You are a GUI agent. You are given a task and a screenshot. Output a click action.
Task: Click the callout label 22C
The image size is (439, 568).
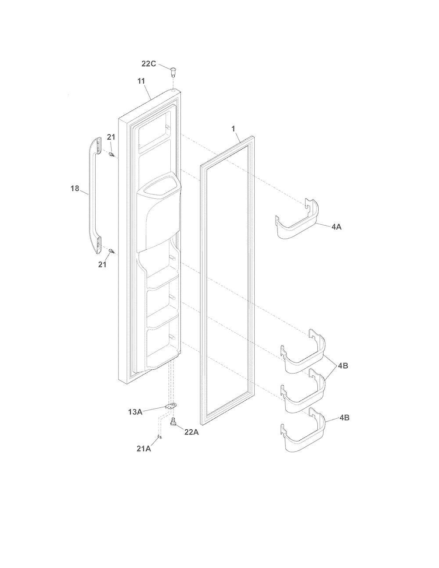click(x=148, y=64)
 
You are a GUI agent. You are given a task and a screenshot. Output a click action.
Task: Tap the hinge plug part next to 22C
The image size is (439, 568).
click(x=173, y=72)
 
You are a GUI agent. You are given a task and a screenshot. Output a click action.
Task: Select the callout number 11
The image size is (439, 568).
click(x=141, y=81)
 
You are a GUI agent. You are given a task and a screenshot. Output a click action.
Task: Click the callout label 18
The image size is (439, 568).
click(x=75, y=188)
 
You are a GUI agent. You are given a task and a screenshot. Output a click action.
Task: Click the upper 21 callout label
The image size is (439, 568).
click(x=111, y=137)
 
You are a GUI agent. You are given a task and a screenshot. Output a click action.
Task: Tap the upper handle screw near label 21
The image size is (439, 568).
click(x=112, y=155)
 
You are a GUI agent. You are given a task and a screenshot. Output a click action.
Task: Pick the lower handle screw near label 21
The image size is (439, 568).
click(x=112, y=251)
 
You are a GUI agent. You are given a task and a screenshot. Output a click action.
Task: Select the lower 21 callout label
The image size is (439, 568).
click(x=102, y=265)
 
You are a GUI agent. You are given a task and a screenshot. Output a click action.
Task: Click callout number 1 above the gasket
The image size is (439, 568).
click(x=234, y=129)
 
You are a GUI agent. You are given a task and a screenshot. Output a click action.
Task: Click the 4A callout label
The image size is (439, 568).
click(x=337, y=227)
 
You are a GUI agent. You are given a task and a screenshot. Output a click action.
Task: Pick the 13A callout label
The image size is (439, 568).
click(x=135, y=412)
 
